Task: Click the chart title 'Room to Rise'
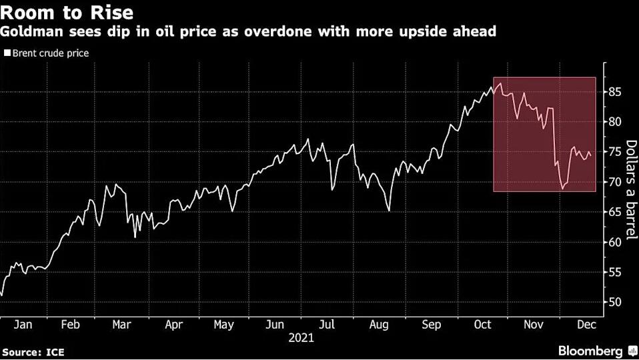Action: (x=67, y=12)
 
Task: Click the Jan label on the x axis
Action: (x=23, y=325)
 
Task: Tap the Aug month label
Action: (x=379, y=325)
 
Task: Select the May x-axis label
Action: (x=223, y=325)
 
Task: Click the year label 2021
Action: (x=301, y=338)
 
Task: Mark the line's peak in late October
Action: (x=500, y=83)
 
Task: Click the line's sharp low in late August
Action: (x=388, y=211)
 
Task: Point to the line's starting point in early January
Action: (x=2, y=295)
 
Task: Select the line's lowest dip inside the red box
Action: (x=562, y=189)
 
